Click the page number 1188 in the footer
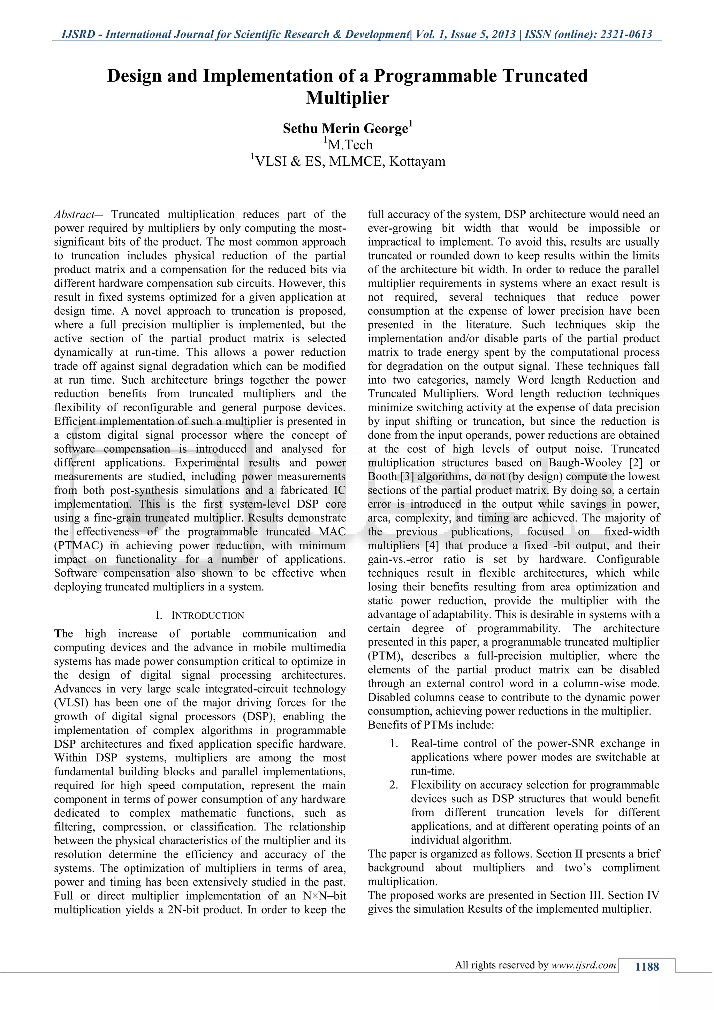[x=647, y=966]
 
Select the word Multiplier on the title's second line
[x=347, y=98]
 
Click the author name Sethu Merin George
[x=345, y=128]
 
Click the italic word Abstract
[x=74, y=215]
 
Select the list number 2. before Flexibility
[x=394, y=785]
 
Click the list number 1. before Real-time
[x=394, y=744]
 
